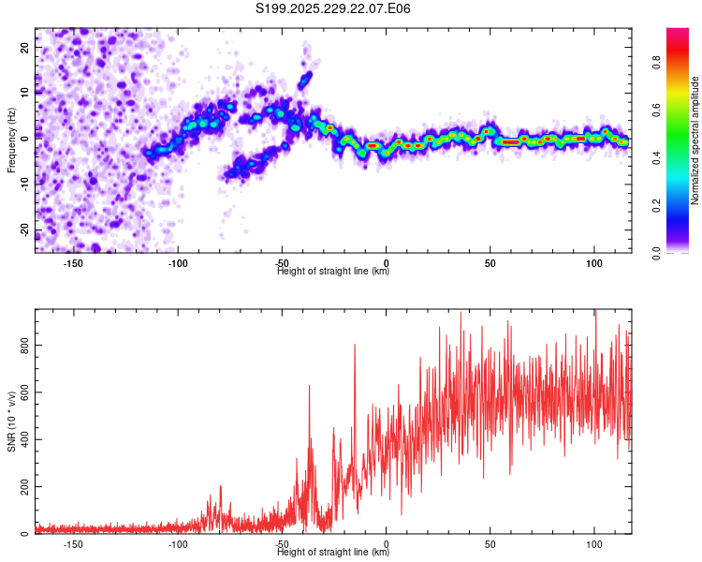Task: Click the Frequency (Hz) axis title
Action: [11, 140]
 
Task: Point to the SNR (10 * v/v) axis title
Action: [11, 421]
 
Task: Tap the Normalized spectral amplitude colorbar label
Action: [695, 141]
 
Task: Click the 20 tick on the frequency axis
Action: [24, 46]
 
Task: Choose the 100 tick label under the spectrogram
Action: [593, 263]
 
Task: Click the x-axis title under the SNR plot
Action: [333, 553]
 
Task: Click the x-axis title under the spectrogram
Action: [333, 272]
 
